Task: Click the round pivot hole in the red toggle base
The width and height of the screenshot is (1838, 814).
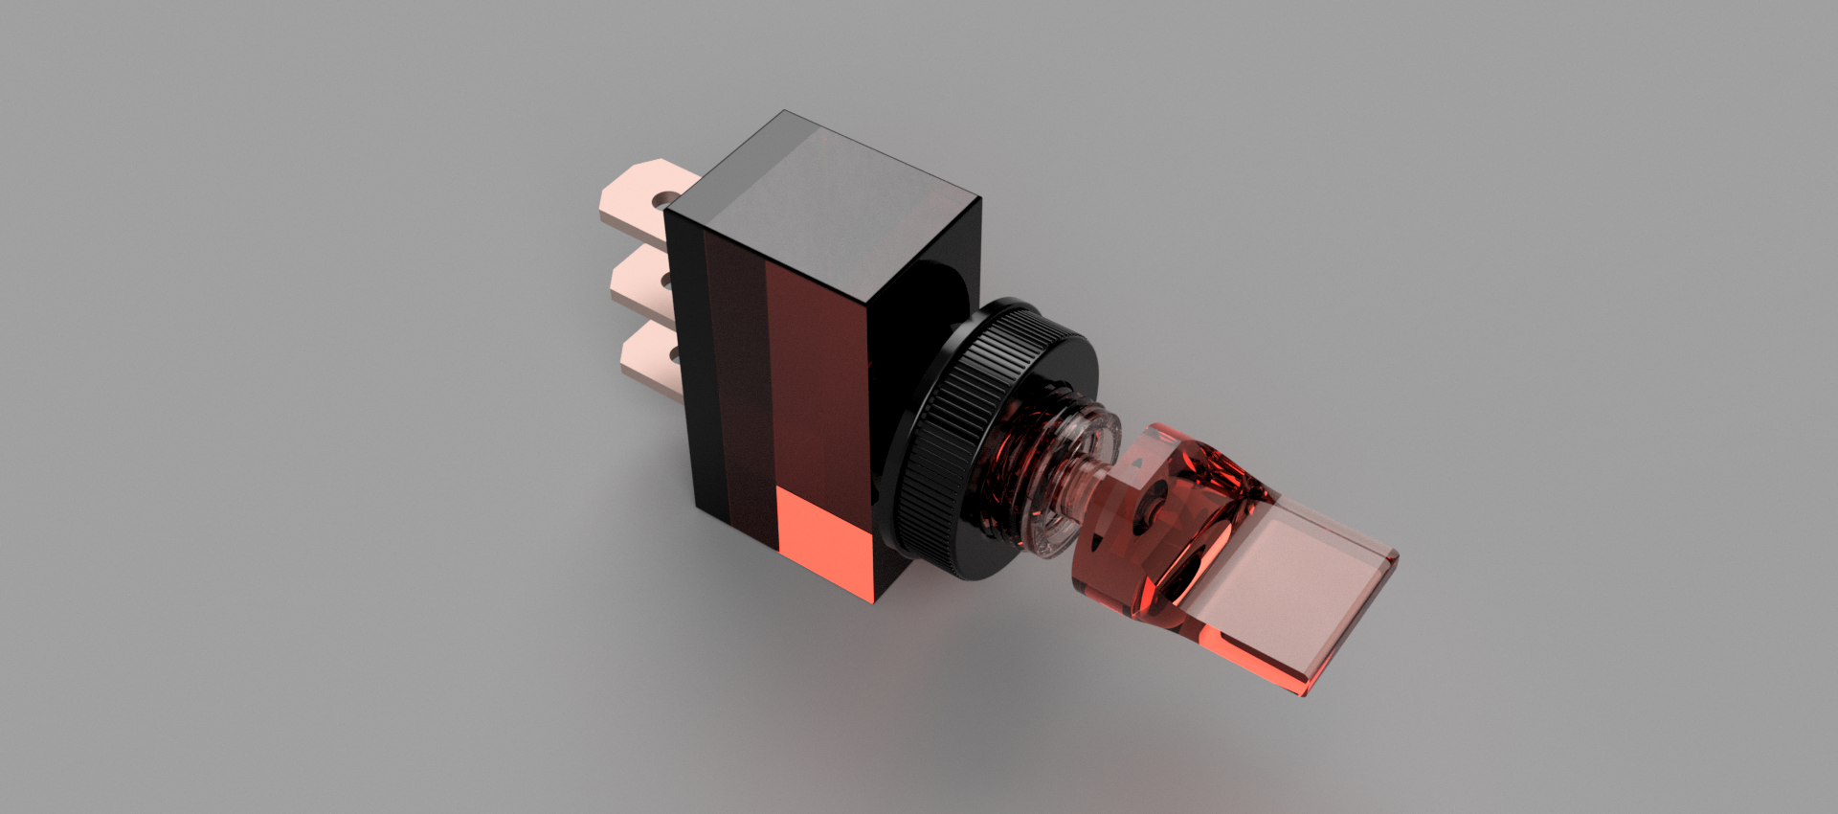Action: click(x=1150, y=501)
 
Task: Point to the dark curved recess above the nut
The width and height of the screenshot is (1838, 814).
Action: click(x=943, y=287)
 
